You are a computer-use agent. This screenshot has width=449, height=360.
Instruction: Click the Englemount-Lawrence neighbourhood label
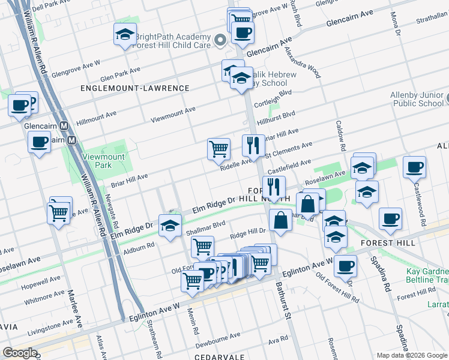point(135,88)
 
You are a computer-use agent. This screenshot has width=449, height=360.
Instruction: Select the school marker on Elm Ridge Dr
point(170,225)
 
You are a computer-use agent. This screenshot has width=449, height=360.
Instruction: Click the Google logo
point(20,353)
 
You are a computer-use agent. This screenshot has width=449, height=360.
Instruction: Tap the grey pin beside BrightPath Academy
point(220,41)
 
